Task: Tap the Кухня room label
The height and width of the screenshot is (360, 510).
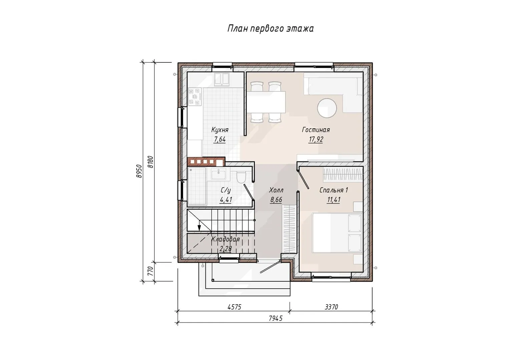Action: (220, 130)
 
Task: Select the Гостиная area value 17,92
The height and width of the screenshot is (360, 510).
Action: (316, 139)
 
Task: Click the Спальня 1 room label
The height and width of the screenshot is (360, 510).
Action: (334, 190)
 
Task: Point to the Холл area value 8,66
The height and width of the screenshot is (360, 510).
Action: (276, 200)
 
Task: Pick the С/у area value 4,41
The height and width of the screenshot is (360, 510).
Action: (225, 200)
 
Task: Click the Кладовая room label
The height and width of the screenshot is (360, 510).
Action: (225, 239)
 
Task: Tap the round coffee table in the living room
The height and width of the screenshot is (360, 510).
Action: (327, 108)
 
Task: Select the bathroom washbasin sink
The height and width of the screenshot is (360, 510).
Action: (218, 174)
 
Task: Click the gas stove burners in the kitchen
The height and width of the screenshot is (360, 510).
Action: (195, 97)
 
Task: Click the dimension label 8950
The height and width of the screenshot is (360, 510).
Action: (139, 171)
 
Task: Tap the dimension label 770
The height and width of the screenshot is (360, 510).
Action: (150, 271)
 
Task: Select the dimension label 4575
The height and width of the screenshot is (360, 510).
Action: (234, 307)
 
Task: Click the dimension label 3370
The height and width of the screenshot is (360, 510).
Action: (331, 307)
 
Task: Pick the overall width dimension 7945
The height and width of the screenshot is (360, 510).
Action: (276, 318)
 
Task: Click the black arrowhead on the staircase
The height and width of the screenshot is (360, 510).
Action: (199, 228)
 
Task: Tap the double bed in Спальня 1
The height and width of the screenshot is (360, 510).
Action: (337, 233)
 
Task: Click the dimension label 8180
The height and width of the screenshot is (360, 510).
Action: (150, 162)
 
